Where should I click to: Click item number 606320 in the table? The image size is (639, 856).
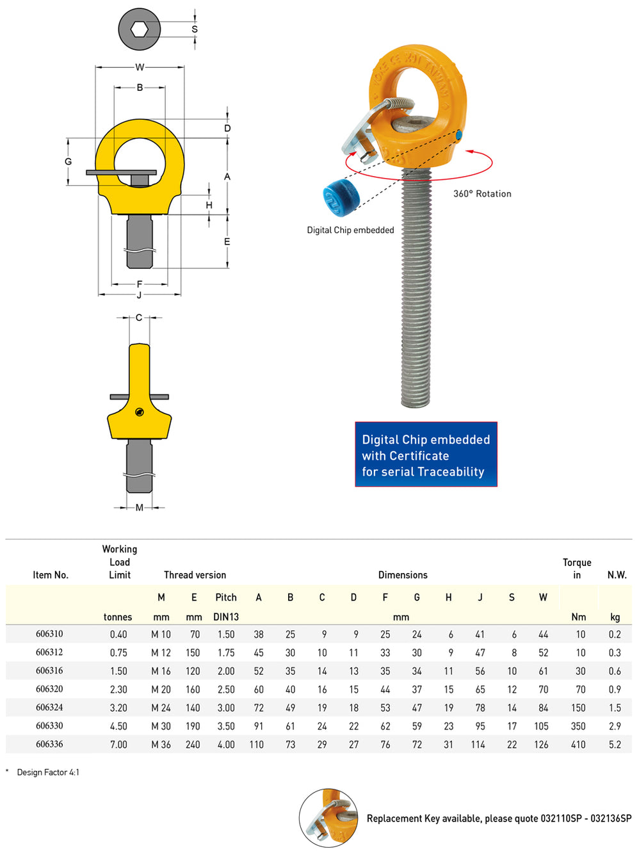[x=49, y=689]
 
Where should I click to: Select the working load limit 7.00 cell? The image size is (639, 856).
[x=118, y=745]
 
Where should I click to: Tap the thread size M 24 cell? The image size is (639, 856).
[x=161, y=707]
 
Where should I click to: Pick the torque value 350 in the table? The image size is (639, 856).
[x=578, y=726]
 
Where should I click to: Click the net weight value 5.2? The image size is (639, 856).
[x=615, y=745]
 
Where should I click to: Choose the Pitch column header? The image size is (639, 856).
[x=226, y=597]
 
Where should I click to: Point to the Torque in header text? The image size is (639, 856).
[x=577, y=569]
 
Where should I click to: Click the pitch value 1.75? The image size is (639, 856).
[x=226, y=653]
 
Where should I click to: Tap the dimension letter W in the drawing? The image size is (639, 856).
[x=140, y=67]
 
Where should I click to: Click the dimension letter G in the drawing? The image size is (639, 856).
[x=69, y=161]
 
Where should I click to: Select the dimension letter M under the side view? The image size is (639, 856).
[x=140, y=507]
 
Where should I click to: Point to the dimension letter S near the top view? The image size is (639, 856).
[x=195, y=29]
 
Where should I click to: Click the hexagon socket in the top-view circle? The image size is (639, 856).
[x=140, y=29]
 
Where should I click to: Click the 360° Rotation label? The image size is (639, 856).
[x=482, y=193]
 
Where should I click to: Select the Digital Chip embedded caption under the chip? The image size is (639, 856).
[x=350, y=230]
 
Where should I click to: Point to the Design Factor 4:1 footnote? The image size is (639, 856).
[x=48, y=772]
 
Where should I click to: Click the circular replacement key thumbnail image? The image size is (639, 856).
[x=329, y=818]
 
